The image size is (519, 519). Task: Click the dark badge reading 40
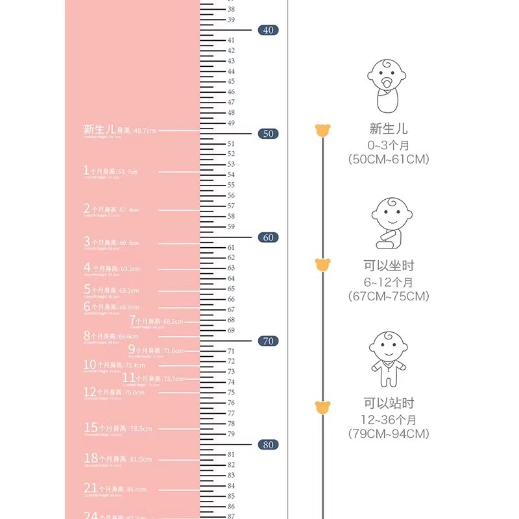coord(268,30)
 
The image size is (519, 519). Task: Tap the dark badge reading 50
coord(268,134)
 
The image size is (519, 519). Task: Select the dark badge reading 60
coord(268,237)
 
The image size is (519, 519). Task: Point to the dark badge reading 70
coord(268,341)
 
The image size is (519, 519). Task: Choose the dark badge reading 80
coord(268,445)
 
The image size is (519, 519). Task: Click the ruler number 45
coord(231,82)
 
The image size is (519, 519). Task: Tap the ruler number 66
coord(231,300)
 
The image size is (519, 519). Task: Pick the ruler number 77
coord(231,413)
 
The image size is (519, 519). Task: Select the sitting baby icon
coord(391,223)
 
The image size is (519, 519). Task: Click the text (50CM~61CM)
coord(388,159)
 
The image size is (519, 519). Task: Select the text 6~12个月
coord(388,282)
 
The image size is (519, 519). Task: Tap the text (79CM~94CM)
coord(388,433)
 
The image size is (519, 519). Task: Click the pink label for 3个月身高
coord(111,243)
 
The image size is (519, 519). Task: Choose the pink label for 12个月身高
coord(114,392)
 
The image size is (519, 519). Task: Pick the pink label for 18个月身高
coord(117,459)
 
